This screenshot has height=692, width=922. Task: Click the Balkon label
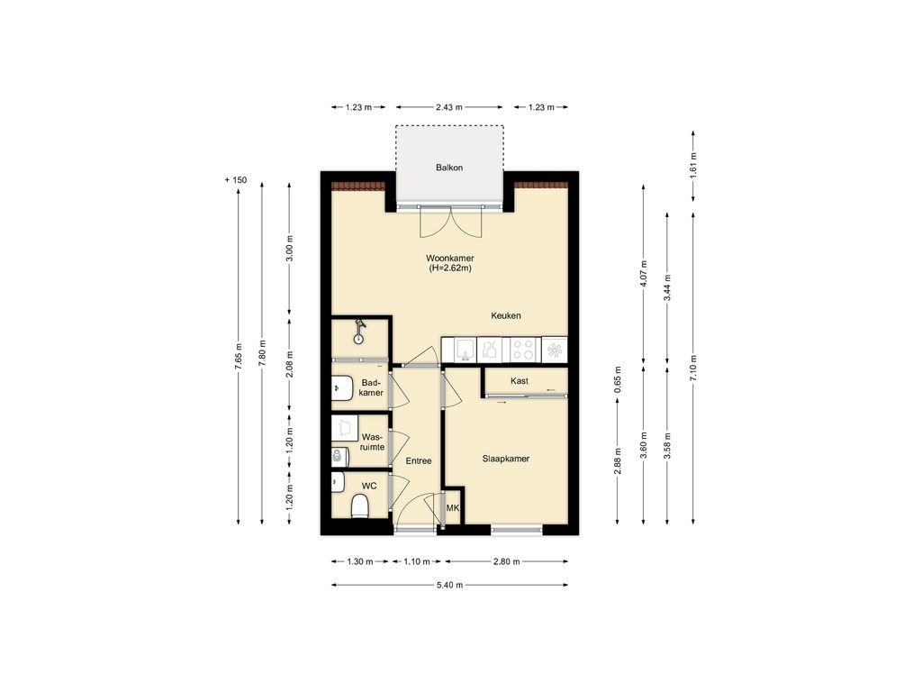[x=449, y=168]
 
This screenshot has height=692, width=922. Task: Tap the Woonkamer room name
[x=450, y=258]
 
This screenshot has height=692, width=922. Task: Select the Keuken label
[x=506, y=315]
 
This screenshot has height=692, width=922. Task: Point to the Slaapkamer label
[x=506, y=459]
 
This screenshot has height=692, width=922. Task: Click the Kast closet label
[x=519, y=381]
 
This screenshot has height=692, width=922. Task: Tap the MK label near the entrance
[x=453, y=509]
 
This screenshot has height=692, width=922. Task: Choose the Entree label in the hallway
[x=418, y=461]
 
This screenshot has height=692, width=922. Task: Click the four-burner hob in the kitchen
[x=523, y=349]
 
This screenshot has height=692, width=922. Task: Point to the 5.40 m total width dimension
[x=449, y=585]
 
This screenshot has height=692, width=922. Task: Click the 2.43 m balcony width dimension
[x=448, y=107]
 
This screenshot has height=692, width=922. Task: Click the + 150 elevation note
[x=236, y=180]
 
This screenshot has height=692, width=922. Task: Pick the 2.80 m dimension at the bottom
[x=508, y=561]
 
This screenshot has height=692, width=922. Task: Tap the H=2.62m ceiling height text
[x=450, y=269]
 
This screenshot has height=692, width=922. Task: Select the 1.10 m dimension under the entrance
[x=417, y=561]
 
